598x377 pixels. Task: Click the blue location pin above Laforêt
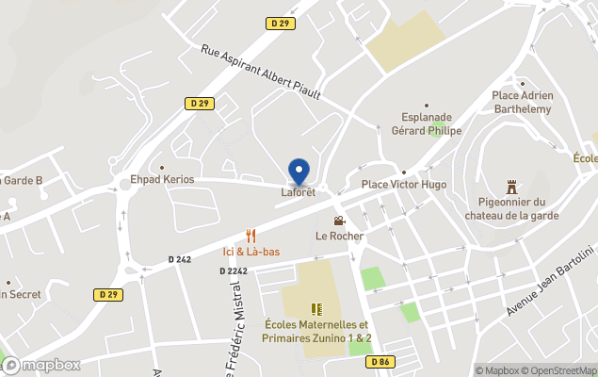[299, 171]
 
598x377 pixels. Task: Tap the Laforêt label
[298, 192]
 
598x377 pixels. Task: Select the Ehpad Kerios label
[162, 179]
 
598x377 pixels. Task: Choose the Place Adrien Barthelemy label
[535, 101]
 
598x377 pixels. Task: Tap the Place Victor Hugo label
[404, 185]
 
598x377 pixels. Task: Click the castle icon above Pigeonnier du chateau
[511, 187]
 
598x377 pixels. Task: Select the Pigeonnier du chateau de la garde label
[511, 208]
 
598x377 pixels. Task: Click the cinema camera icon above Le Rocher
[338, 221]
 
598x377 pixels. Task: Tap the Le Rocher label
[339, 236]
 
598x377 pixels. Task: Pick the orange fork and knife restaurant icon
[251, 236]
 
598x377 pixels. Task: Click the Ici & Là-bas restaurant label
[251, 251]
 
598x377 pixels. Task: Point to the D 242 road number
[180, 259]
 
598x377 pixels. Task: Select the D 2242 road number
[234, 270]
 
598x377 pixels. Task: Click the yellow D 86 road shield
[380, 361]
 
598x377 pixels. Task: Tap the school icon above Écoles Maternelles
[316, 308]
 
